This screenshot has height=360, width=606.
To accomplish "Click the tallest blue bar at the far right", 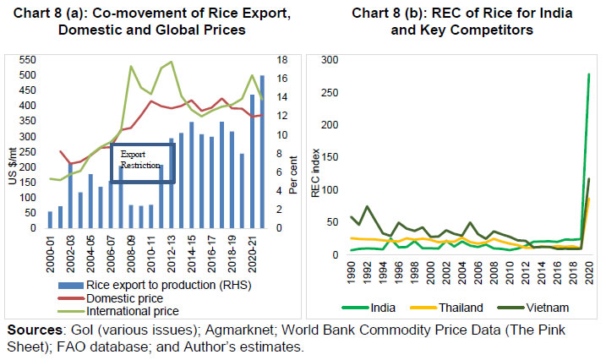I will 263,152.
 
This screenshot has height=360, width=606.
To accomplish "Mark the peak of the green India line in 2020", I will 587,74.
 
